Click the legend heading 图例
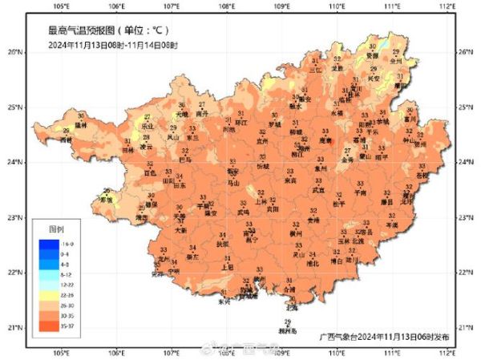point(55,228)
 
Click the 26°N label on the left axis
point(15,51)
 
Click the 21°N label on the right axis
point(464,327)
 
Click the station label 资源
point(371,57)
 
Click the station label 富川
point(410,118)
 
